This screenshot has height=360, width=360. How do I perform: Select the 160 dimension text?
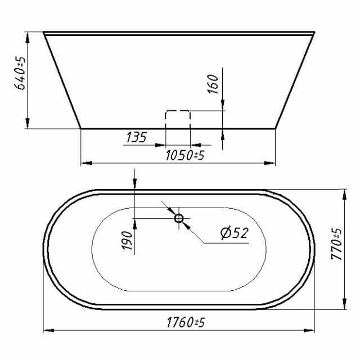point(213,84)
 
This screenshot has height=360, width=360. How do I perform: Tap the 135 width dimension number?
point(136,137)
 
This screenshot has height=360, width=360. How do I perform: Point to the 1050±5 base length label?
point(185,155)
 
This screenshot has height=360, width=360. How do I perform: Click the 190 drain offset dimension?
point(127,240)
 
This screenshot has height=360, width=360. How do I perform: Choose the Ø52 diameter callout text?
point(235,233)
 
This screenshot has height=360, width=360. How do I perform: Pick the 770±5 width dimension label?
point(336,244)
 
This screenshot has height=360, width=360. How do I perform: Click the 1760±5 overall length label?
point(186,322)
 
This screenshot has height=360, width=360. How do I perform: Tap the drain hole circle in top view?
point(179,218)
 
